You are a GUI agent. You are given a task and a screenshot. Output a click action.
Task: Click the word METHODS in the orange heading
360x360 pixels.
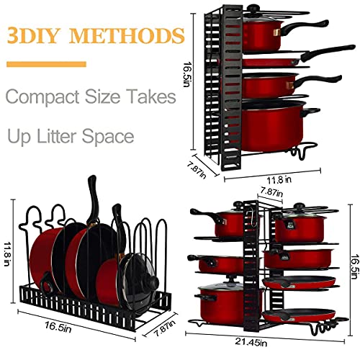[127, 35]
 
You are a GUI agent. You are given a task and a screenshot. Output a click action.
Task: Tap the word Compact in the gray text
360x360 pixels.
[42, 96]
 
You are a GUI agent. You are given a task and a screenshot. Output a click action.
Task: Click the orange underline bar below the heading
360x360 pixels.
[46, 64]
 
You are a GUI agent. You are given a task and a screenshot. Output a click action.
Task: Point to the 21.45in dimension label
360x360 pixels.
[251, 342]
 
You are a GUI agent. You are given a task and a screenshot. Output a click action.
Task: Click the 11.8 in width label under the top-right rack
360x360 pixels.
[279, 179]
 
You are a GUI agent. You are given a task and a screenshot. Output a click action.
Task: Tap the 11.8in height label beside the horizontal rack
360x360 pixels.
[8, 254]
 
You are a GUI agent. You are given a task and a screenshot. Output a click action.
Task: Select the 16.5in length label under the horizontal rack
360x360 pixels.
[58, 327]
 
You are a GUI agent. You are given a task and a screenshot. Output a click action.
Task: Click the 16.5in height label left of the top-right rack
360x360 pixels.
[187, 75]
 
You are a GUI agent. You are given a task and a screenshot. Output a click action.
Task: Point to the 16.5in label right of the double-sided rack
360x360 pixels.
[355, 266]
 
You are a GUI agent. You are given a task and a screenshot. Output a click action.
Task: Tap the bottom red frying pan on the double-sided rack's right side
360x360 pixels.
[299, 315]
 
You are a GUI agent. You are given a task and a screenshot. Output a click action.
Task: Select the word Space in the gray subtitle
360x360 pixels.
[108, 136]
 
